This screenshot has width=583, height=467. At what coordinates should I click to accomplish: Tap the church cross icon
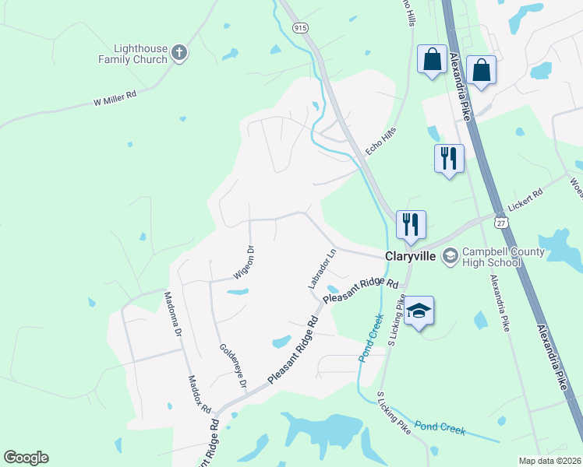179,54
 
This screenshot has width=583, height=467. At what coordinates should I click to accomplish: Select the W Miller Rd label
115,98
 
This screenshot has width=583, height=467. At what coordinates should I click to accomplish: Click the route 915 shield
301,27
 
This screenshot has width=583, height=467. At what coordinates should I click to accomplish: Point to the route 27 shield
502,223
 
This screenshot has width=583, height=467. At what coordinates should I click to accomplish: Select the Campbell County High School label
491,257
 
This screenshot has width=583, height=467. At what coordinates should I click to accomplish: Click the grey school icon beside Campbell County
450,255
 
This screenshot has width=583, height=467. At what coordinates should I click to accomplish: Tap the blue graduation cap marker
419,311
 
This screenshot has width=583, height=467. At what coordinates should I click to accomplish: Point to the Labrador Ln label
321,269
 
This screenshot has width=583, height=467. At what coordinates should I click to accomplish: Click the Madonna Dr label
172,314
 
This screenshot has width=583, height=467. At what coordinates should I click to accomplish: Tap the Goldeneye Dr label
233,367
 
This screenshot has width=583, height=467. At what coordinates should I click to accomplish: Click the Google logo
26,458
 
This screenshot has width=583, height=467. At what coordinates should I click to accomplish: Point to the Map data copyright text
549,461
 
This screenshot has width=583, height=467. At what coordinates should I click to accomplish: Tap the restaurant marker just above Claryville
410,224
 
